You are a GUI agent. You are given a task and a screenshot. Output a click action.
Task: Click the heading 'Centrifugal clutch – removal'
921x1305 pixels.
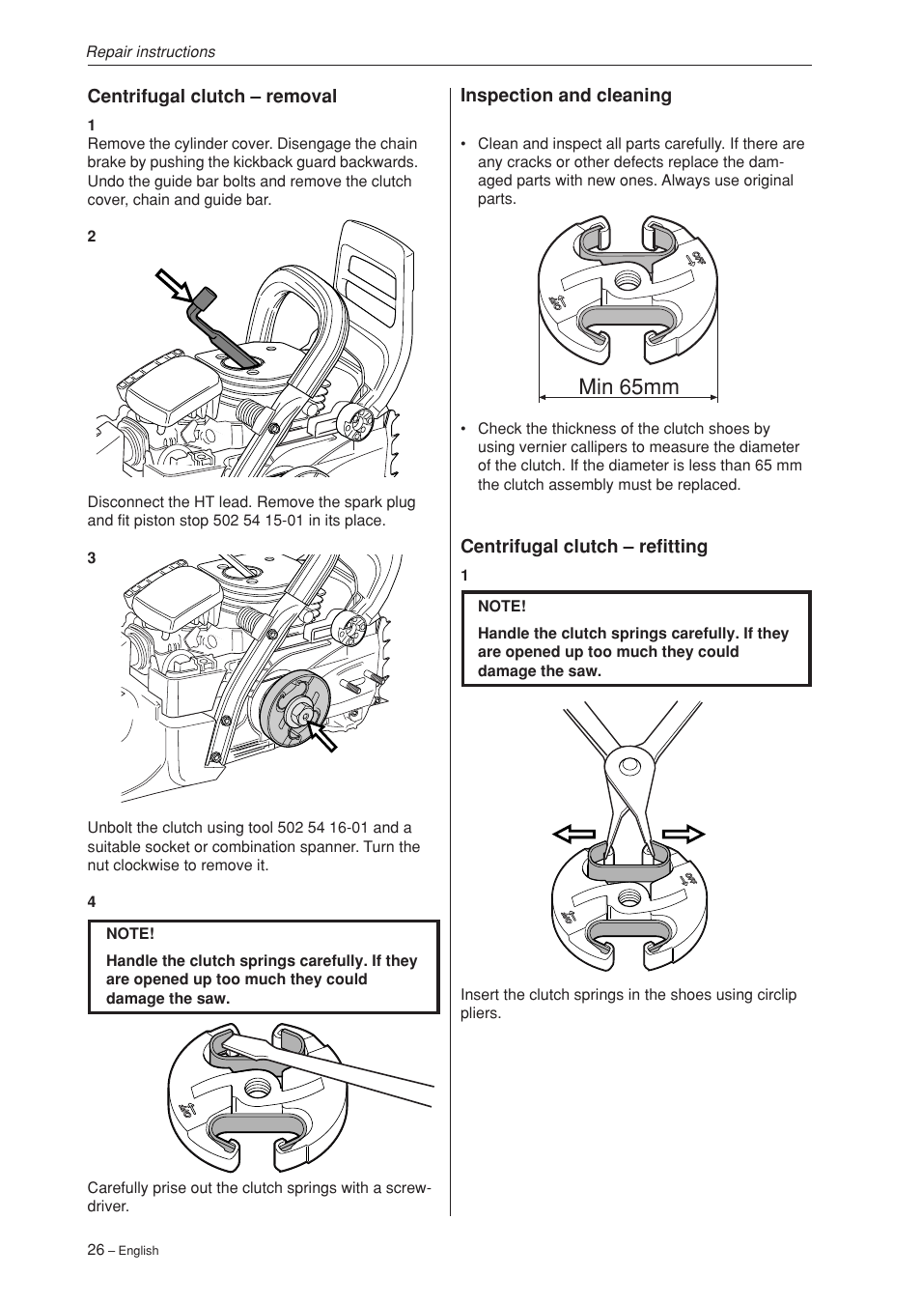point(212,97)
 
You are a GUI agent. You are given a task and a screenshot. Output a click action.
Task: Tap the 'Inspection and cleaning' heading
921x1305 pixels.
point(566,96)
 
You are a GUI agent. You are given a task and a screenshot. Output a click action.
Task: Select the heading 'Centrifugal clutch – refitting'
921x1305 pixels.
point(583,547)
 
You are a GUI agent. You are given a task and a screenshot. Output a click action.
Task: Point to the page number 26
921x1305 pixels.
point(96,1249)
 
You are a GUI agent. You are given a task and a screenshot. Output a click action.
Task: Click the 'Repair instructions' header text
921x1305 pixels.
point(151,52)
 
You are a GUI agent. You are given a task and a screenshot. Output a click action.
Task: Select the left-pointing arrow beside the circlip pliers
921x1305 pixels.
point(573,835)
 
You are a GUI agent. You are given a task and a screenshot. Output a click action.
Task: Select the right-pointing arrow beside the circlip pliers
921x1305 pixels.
point(684,835)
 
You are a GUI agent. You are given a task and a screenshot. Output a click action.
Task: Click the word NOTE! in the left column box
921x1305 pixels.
point(130,934)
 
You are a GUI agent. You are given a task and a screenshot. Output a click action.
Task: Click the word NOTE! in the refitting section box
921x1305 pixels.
point(502,607)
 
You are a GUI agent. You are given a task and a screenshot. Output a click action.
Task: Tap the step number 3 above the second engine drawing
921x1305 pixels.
point(92,558)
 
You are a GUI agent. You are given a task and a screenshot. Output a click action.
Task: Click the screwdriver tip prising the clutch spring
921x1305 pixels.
point(224,1042)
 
